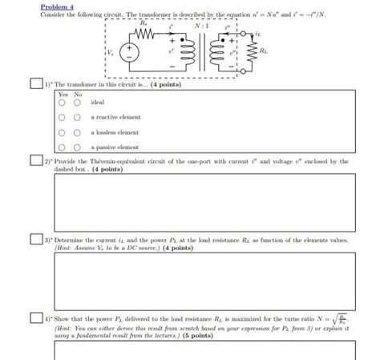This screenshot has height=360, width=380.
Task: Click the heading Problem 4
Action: (56, 6)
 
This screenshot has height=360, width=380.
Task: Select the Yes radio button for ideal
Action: (61, 103)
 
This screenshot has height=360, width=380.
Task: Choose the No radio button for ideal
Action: (77, 103)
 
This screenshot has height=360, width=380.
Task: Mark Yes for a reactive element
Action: (61, 117)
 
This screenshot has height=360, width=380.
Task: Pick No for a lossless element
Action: (77, 132)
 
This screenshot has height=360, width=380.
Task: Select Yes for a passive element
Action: (61, 147)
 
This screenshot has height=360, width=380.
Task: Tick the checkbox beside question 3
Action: (31, 240)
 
